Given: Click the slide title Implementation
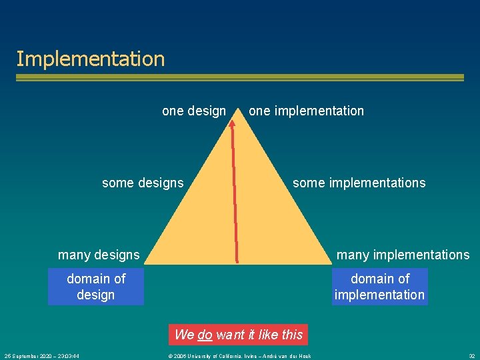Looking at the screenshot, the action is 90,59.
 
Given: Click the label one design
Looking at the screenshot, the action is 194,111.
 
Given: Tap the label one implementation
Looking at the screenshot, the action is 306,111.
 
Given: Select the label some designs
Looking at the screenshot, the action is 143,183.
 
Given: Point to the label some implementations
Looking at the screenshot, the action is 359,183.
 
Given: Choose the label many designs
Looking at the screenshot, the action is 99,255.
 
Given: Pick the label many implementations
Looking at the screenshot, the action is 403,255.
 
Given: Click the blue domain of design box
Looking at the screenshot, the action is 96,287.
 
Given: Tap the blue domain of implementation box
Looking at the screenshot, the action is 379,287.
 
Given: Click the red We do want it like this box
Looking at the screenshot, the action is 239,335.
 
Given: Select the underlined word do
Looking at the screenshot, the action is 205,335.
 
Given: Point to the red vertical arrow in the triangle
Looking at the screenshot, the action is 235,193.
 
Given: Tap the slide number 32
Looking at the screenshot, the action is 471,356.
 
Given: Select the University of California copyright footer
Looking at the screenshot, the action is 239,356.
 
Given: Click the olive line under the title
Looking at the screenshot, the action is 240,78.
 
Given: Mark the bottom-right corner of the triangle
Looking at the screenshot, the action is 330,263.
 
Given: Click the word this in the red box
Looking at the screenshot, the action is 292,335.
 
